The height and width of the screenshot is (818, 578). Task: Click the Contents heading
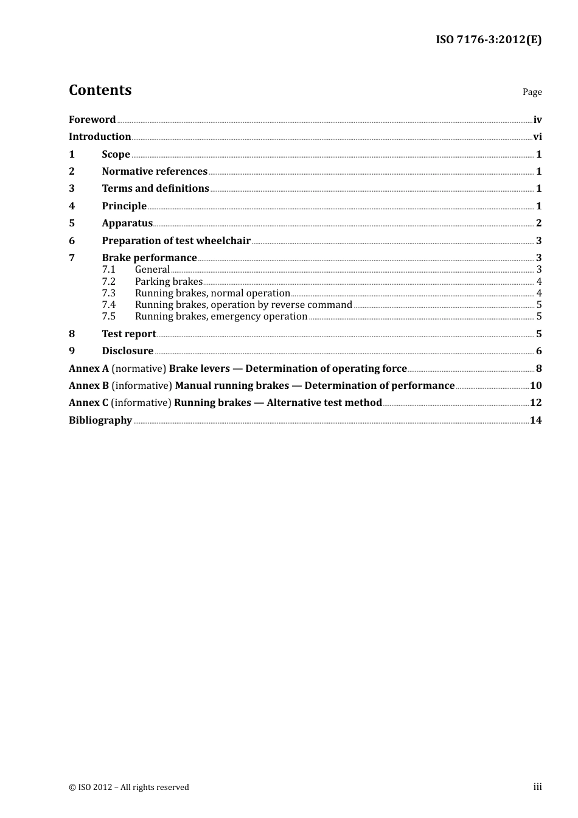100,90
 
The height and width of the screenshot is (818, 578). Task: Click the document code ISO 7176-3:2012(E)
488,40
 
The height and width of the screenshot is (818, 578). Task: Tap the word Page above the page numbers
532,92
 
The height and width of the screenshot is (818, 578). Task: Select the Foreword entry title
92,119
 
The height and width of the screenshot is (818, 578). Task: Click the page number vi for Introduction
537,136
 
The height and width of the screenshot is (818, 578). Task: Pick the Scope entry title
116,154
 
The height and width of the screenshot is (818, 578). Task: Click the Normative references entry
155,171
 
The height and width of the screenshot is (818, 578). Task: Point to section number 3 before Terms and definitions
72,188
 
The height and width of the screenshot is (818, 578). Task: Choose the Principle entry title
124,206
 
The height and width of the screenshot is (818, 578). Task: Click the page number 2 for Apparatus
538,223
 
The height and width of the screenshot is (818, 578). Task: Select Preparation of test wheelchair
176,240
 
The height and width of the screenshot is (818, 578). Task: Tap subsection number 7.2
108,281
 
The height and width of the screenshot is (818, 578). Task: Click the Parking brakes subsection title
169,281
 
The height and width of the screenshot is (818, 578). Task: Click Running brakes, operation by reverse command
243,304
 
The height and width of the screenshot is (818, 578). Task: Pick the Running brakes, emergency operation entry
221,316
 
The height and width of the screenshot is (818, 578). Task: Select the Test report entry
129,334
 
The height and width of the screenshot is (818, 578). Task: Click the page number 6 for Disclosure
538,351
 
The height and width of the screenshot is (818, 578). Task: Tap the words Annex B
88,385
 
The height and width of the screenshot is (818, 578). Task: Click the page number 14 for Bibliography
535,420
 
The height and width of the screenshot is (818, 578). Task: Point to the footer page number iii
537,787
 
